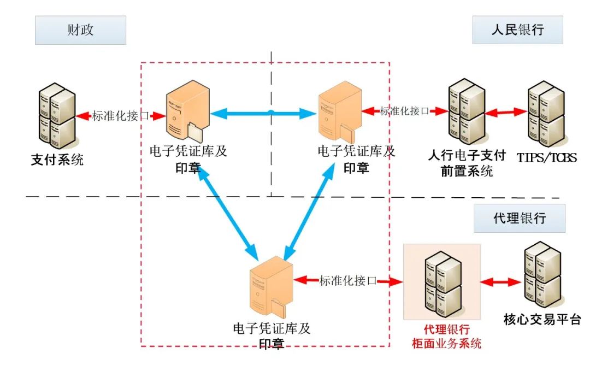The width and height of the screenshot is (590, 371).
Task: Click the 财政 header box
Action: [x=80, y=30]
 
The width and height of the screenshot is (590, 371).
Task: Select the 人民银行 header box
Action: [x=517, y=30]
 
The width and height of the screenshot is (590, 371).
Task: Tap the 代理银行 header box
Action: [x=518, y=218]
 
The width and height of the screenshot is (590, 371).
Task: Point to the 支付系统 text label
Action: [x=57, y=161]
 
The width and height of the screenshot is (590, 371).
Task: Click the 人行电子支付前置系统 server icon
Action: [x=466, y=112]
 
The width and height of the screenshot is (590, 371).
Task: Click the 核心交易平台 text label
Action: [x=542, y=320]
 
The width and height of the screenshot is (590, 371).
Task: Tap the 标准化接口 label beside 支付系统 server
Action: [x=121, y=116]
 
